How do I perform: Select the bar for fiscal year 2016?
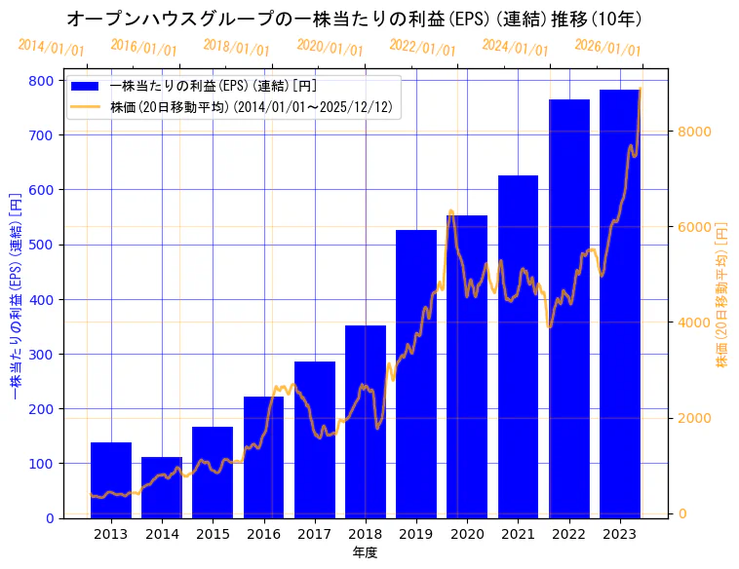[x=263, y=458]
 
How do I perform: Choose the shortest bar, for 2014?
[x=162, y=487]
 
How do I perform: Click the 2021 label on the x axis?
[x=518, y=534]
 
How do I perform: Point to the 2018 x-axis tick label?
[x=366, y=534]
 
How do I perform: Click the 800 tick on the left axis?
[x=42, y=81]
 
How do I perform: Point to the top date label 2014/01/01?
[x=51, y=47]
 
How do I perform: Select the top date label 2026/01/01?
[x=607, y=47]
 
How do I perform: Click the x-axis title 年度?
[x=365, y=552]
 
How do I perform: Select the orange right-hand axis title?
[x=722, y=293]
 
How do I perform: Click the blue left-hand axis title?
[x=15, y=293]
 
